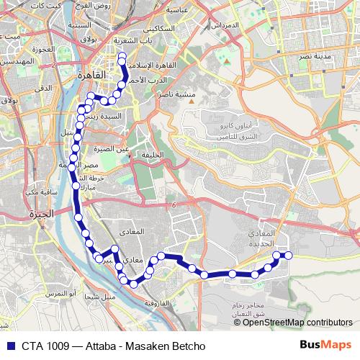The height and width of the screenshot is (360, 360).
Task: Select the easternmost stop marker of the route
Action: tap(289, 255)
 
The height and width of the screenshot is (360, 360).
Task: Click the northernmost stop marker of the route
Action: tap(122, 56)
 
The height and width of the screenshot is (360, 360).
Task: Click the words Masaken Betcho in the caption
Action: tap(164, 346)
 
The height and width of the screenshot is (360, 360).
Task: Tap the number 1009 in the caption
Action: tap(56, 346)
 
